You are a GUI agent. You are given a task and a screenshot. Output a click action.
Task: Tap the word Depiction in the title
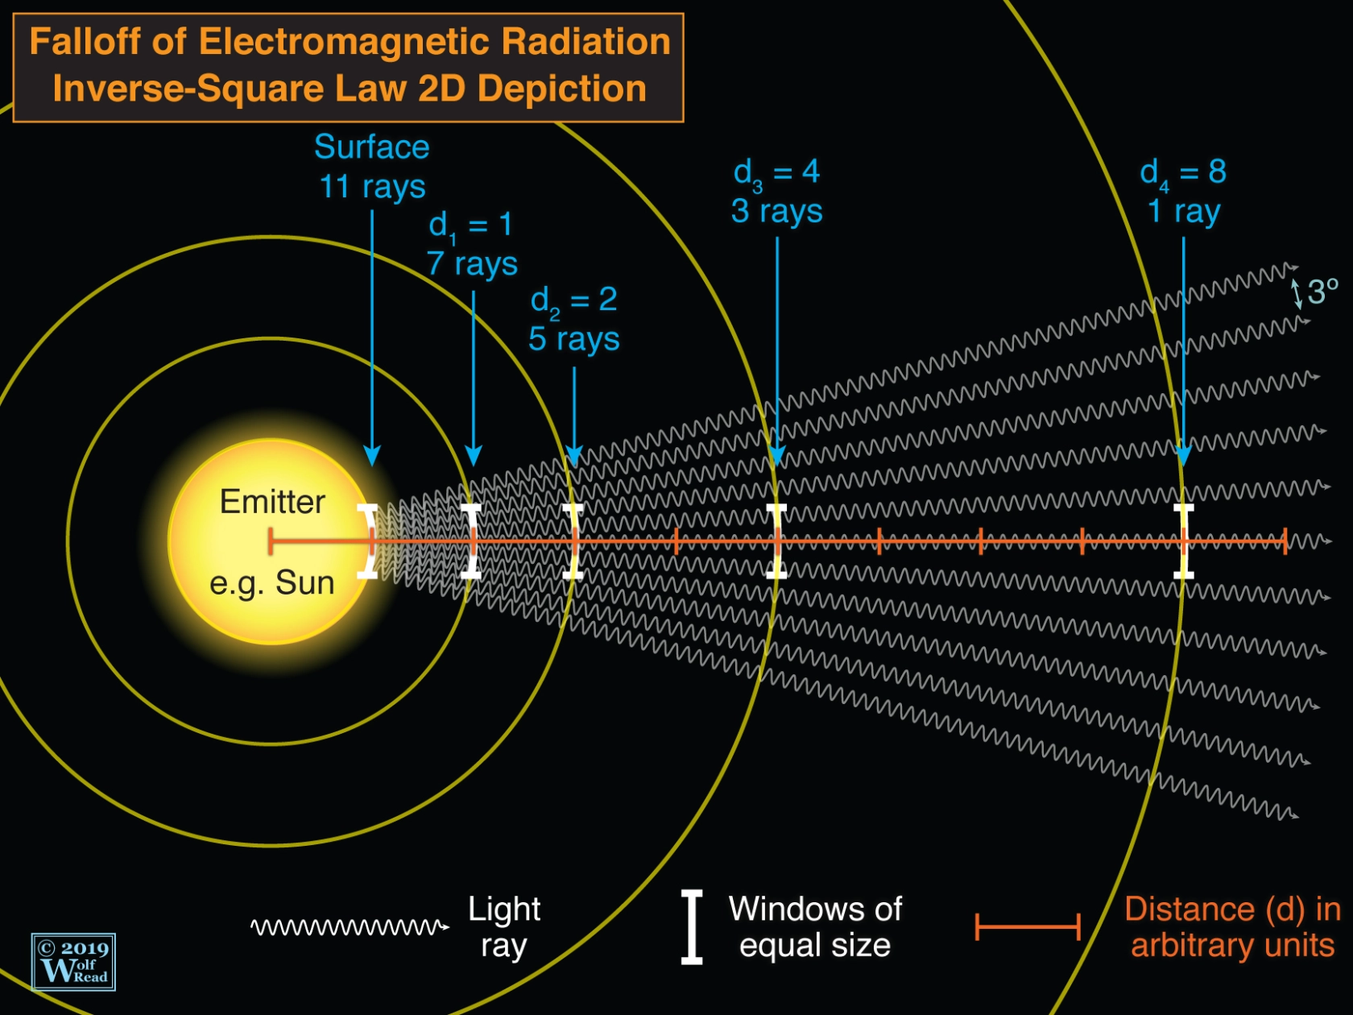pyautogui.click(x=562, y=89)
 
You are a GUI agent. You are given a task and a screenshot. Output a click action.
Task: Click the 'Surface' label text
pyautogui.click(x=371, y=147)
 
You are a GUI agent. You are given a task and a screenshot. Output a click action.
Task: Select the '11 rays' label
pyautogui.click(x=372, y=187)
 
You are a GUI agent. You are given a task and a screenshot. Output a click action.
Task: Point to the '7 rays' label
pyautogui.click(x=472, y=263)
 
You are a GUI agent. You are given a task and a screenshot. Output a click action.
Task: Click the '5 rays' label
pyautogui.click(x=573, y=339)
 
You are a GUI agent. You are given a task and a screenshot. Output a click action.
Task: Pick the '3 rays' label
pyautogui.click(x=776, y=211)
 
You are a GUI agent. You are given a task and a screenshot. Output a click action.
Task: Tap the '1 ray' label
pyautogui.click(x=1183, y=211)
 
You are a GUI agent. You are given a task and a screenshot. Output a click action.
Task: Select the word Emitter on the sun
pyautogui.click(x=272, y=502)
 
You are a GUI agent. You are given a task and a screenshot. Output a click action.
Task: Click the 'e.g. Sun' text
pyautogui.click(x=271, y=582)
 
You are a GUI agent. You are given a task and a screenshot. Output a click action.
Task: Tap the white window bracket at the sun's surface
pyautogui.click(x=369, y=541)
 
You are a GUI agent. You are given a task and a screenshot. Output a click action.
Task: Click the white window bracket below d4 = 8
pyautogui.click(x=1183, y=541)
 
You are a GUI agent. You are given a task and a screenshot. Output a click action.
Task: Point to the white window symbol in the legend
pyautogui.click(x=692, y=926)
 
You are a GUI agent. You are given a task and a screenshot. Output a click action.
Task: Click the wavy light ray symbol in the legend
pyautogui.click(x=349, y=927)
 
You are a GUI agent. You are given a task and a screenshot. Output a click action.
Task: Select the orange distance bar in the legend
pyautogui.click(x=1027, y=926)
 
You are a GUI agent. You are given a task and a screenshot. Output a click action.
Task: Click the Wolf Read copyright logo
pyautogui.click(x=73, y=962)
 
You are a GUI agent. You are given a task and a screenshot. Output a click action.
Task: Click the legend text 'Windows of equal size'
pyautogui.click(x=815, y=926)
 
